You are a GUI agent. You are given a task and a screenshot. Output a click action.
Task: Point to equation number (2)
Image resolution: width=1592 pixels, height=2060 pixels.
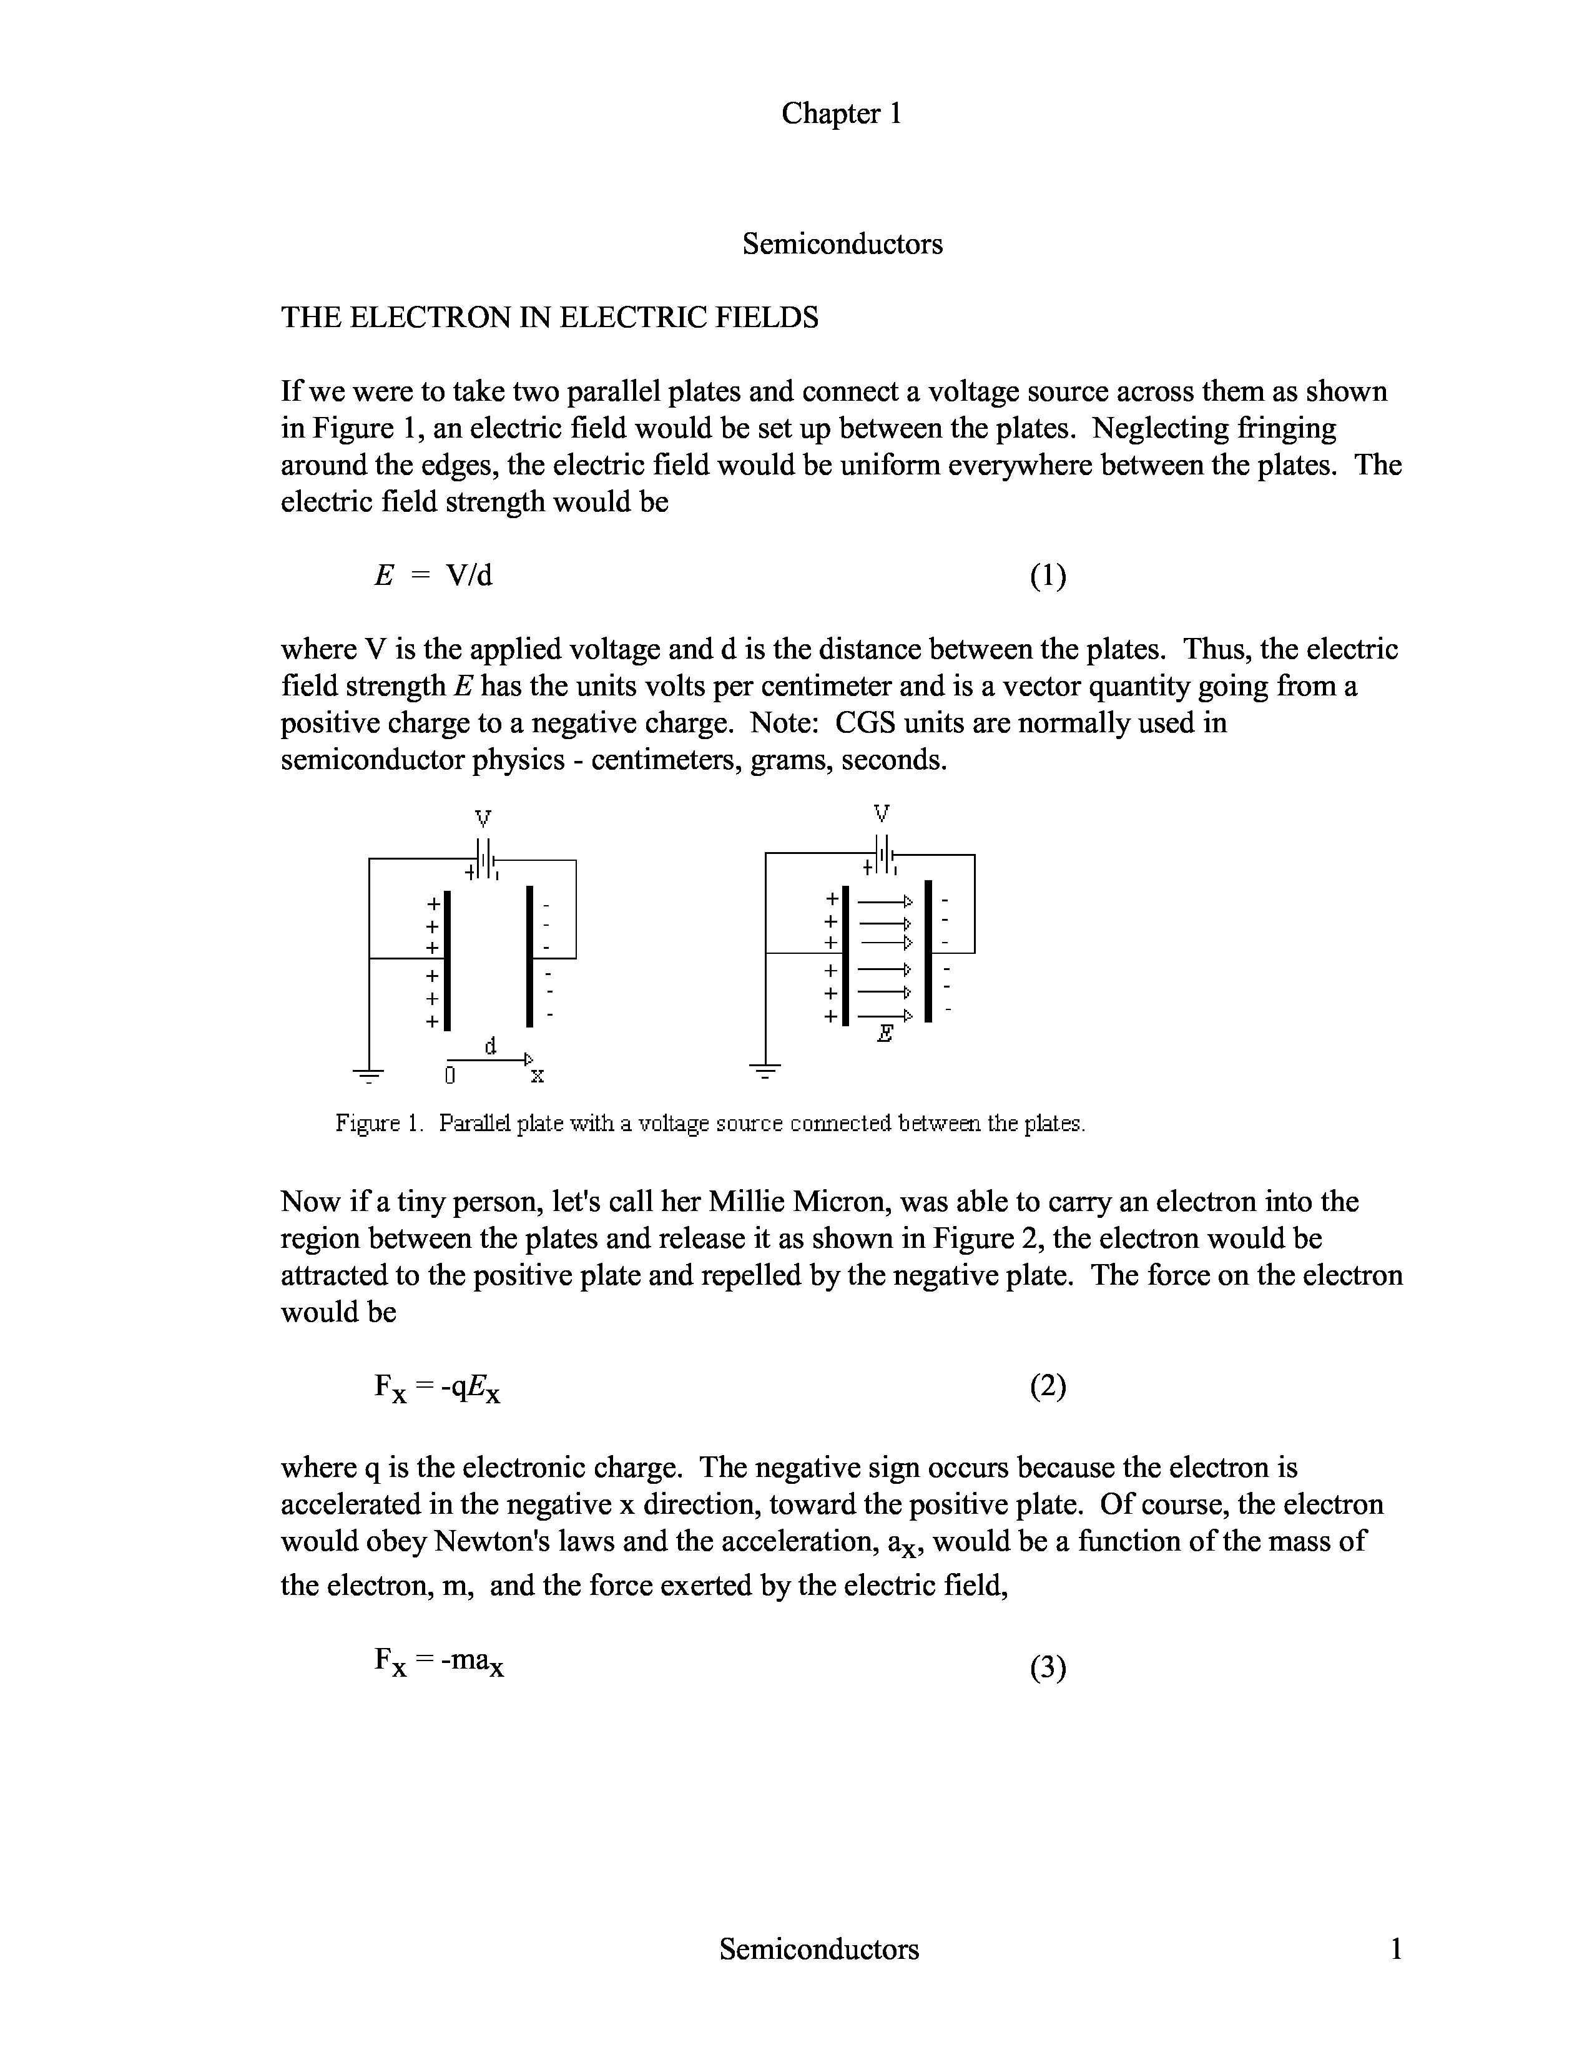(1048, 1386)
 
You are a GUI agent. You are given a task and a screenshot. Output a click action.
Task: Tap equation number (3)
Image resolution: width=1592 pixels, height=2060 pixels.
(1048, 1669)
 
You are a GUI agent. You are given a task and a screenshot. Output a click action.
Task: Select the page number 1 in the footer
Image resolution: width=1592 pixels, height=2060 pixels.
(1396, 1949)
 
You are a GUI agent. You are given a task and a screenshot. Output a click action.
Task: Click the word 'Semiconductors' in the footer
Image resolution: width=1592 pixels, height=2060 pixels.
(818, 1949)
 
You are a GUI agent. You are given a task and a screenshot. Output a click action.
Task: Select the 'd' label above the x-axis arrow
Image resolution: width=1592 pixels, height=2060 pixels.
(491, 1045)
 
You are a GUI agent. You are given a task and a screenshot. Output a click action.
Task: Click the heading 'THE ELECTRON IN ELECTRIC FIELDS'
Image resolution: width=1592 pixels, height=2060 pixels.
(550, 317)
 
